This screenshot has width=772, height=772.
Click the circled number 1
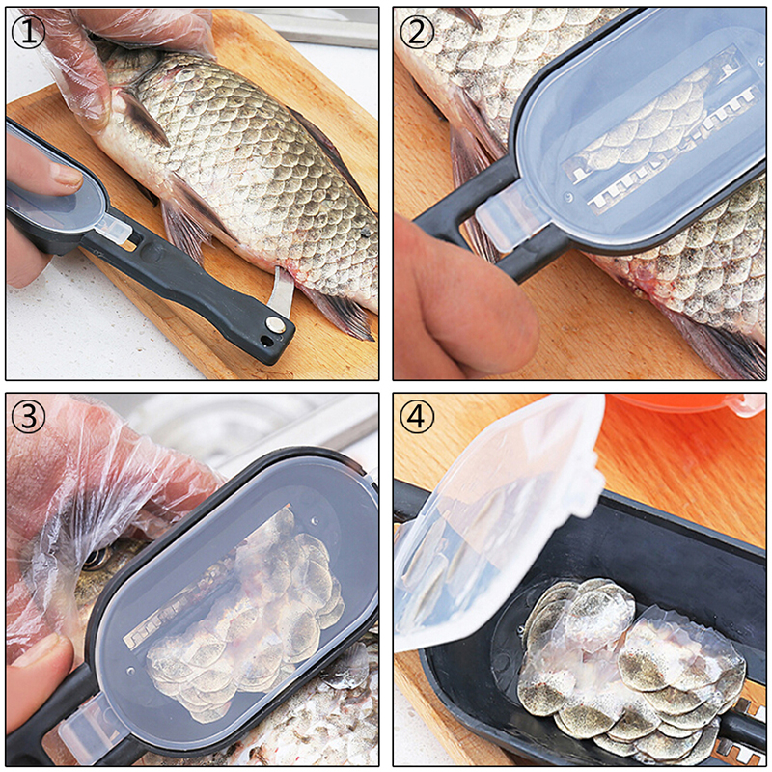pyautogui.click(x=28, y=31)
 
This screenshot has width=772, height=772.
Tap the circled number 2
pyautogui.click(x=417, y=31)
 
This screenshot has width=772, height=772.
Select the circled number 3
pyautogui.click(x=28, y=417)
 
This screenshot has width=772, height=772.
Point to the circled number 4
pyautogui.click(x=417, y=417)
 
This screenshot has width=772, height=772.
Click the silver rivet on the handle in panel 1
pyautogui.click(x=274, y=323)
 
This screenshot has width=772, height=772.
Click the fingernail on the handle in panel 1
pyautogui.click(x=66, y=175)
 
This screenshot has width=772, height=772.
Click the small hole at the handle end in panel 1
pyautogui.click(x=266, y=340)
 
